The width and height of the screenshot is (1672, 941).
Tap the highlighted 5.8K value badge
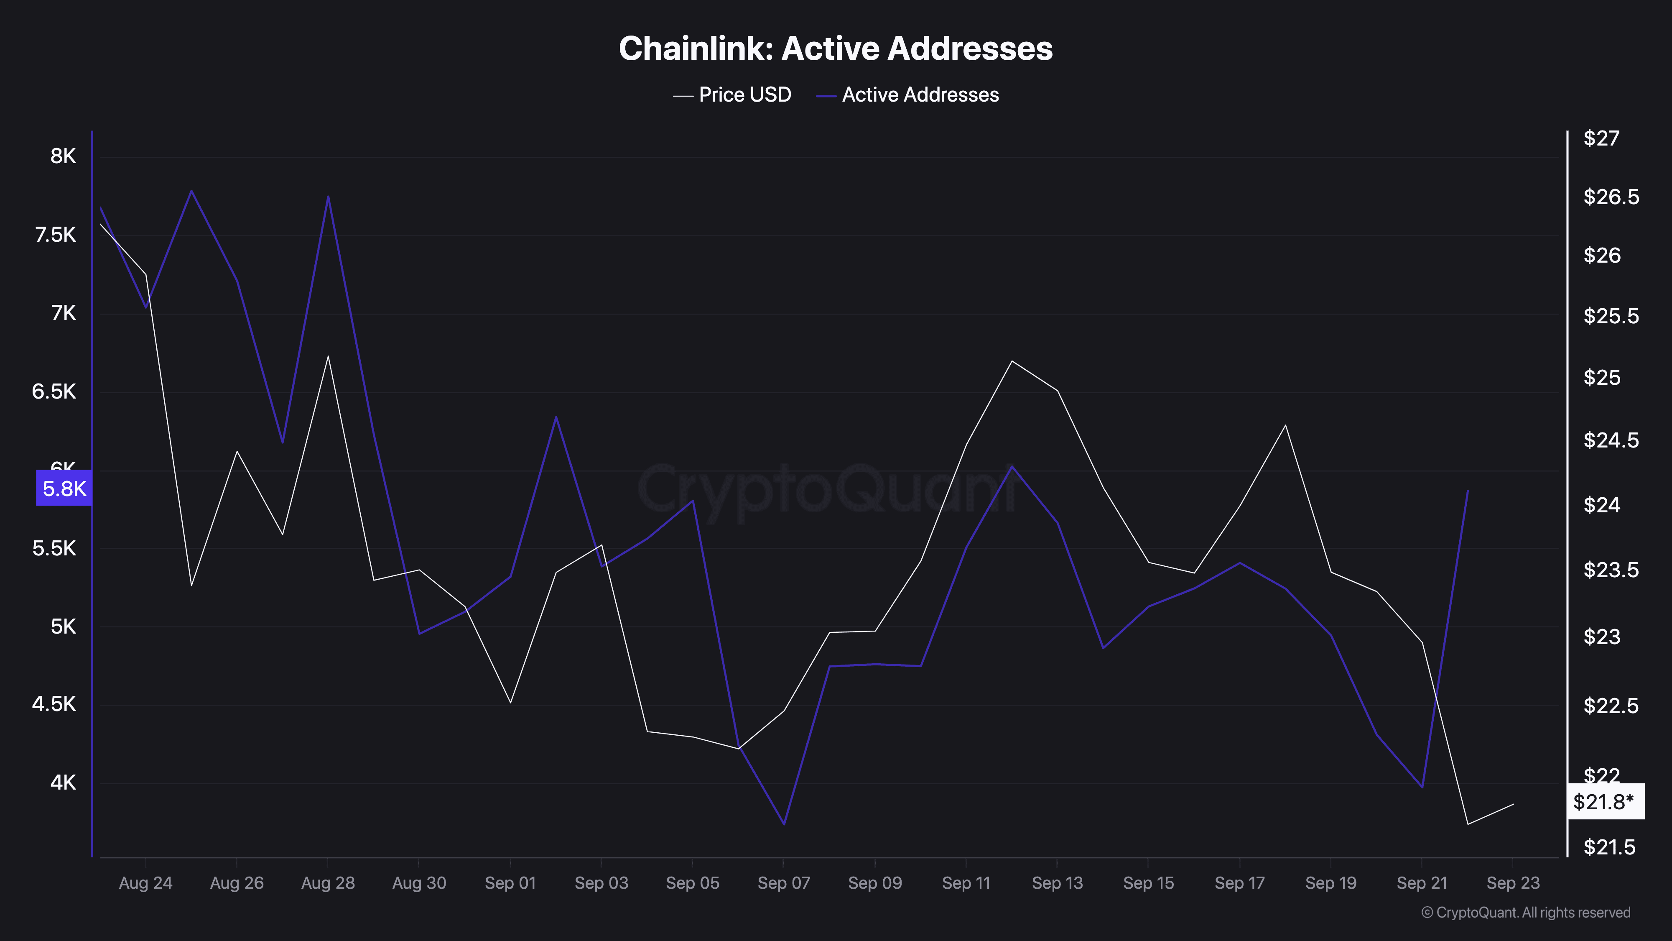[64, 488]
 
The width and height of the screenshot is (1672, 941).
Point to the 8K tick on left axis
[63, 156]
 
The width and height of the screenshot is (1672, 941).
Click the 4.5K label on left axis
[54, 704]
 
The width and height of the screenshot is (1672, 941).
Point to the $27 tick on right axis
[1601, 138]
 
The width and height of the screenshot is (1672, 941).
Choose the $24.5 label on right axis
[1610, 440]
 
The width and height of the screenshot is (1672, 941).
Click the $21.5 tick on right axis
[1609, 847]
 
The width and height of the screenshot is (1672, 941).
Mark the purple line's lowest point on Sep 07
[784, 824]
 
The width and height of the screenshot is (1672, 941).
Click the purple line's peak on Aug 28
[328, 196]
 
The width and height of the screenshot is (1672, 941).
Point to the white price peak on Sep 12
[1012, 361]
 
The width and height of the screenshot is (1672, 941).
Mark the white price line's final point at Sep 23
[1513, 804]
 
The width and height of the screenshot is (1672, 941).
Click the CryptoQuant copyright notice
[1525, 913]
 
